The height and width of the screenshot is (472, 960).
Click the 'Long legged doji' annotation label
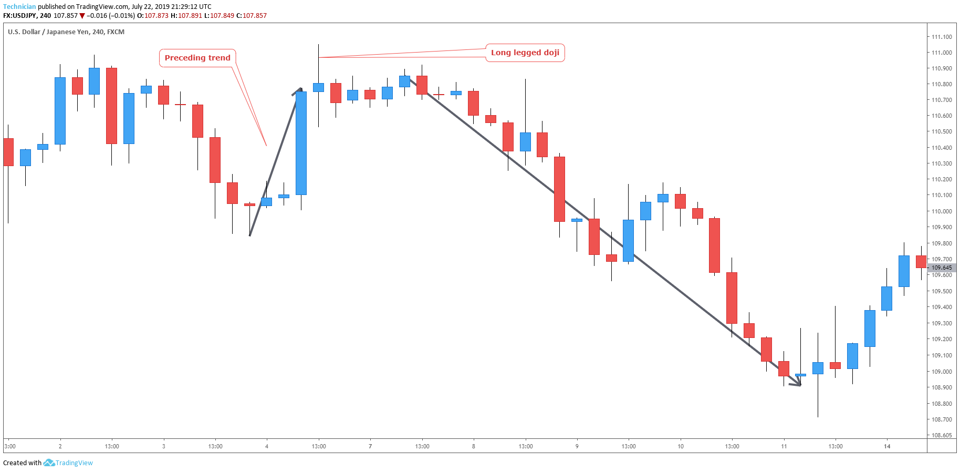(x=525, y=53)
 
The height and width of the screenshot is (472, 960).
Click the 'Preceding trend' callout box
(x=197, y=58)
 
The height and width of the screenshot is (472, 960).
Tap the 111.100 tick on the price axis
(x=942, y=37)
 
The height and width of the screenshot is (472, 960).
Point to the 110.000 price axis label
(x=942, y=211)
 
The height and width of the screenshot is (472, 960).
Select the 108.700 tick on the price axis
(x=942, y=419)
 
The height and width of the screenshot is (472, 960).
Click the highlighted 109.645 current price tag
(x=942, y=268)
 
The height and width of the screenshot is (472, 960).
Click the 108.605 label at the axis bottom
(x=942, y=435)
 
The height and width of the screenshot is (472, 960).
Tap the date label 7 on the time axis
(x=370, y=446)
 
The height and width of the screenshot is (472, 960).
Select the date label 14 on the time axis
(x=887, y=446)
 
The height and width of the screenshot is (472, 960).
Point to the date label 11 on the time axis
(x=784, y=446)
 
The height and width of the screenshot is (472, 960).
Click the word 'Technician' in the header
(x=19, y=7)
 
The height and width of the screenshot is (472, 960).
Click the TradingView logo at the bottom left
(x=68, y=463)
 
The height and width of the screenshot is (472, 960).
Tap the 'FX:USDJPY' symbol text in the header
(x=20, y=16)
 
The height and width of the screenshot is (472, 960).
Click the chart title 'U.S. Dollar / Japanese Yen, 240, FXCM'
(x=66, y=32)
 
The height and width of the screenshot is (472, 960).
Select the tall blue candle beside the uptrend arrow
(x=301, y=143)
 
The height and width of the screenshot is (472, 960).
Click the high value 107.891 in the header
(x=190, y=16)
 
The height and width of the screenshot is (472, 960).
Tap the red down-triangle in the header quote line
(x=82, y=16)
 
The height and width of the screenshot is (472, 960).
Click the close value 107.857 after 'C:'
(x=255, y=16)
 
